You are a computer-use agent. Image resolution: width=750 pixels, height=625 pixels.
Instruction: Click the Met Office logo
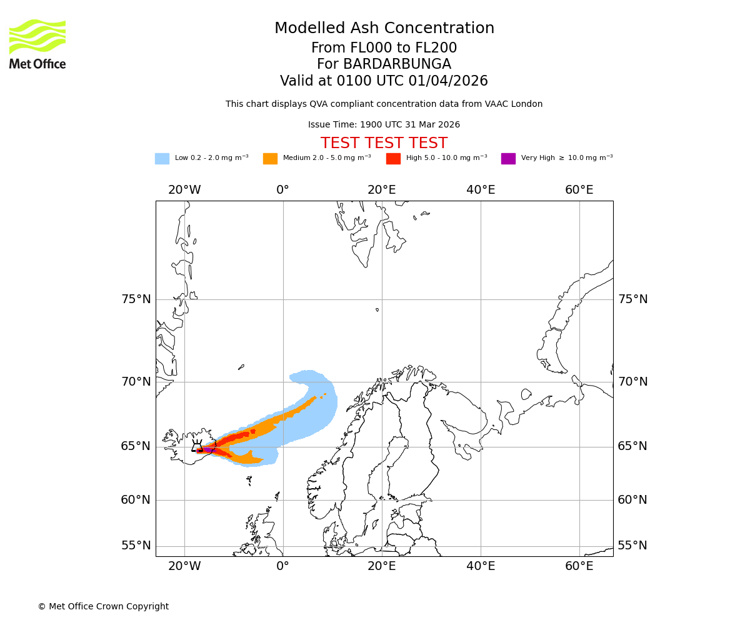(37, 44)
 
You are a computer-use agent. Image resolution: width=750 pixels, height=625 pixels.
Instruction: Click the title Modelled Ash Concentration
(384, 28)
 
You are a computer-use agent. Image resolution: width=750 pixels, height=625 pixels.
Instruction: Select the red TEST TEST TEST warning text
(384, 143)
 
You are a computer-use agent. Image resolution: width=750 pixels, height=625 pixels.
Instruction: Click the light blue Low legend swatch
(162, 159)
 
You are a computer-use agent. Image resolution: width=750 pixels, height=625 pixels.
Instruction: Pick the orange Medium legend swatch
(270, 159)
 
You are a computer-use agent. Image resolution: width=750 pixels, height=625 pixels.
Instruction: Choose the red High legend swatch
(393, 159)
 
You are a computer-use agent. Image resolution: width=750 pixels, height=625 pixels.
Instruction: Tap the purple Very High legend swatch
(508, 159)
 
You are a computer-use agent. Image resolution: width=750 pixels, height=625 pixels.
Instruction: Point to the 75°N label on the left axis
(136, 299)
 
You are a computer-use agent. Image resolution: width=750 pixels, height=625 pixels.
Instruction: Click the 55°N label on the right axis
(632, 546)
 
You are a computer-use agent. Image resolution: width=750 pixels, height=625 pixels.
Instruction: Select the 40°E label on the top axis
(481, 190)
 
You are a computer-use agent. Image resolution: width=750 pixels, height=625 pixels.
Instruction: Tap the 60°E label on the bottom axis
(579, 566)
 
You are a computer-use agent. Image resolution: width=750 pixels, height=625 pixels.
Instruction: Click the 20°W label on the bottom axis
(184, 566)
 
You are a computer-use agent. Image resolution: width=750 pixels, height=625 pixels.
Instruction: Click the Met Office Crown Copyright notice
(103, 606)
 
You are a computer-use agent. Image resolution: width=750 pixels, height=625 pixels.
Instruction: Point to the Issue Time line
(384, 125)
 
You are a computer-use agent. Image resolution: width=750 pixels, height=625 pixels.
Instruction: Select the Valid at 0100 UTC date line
(384, 81)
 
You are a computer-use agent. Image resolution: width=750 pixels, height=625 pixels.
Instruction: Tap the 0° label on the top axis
(283, 190)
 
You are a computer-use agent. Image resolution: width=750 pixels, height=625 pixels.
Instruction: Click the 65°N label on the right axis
(632, 446)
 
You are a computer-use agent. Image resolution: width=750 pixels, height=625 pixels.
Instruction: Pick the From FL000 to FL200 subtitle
(384, 48)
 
